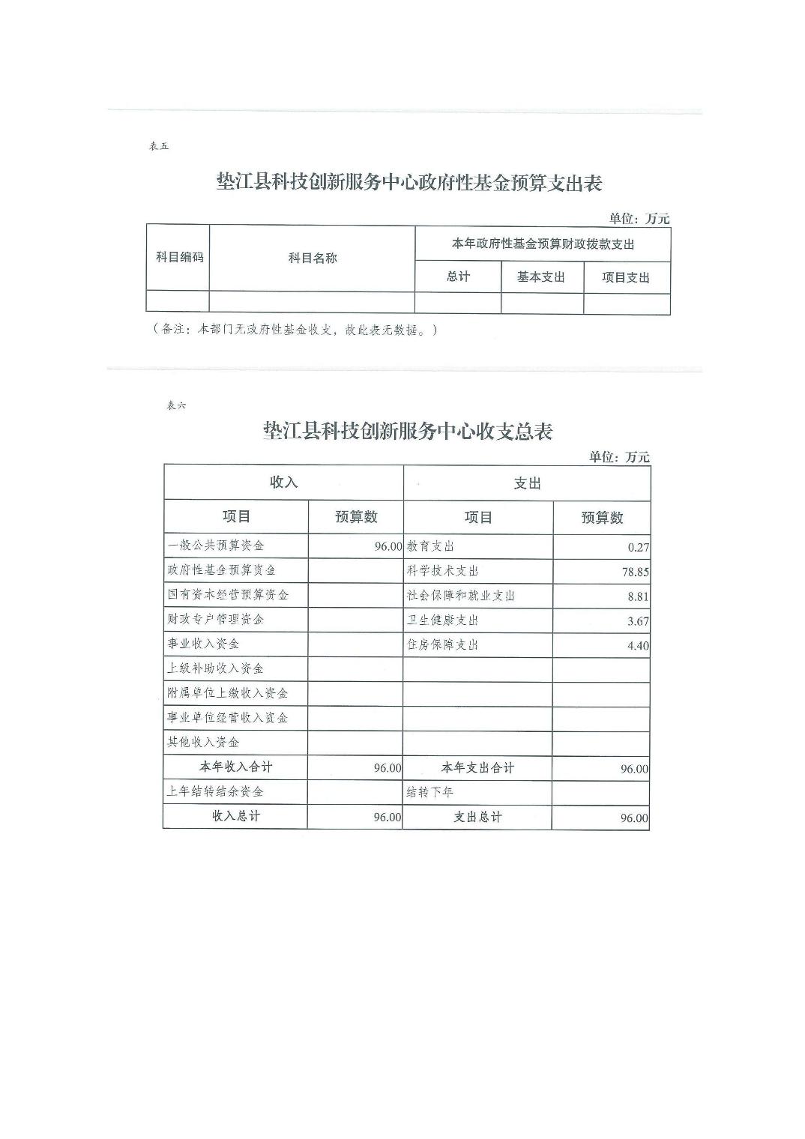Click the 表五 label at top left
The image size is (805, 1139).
pos(159,147)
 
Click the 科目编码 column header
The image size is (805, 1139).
pos(179,257)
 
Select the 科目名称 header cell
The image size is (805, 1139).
pos(313,258)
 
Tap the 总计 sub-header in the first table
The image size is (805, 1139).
pos(458,277)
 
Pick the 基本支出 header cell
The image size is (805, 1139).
pos(540,277)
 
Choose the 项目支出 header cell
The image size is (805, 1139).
pos(626,278)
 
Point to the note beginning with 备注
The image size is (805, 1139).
pos(295,330)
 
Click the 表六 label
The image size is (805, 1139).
pos(175,405)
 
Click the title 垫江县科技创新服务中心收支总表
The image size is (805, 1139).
pos(408,432)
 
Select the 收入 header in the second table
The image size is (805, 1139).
pos(283,483)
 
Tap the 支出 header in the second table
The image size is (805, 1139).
pos(527,483)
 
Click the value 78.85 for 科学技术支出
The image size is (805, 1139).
pos(636,572)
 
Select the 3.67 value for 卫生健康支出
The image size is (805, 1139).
pos(638,621)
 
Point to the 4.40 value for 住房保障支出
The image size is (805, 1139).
pos(638,646)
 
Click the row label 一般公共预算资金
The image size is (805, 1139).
pos(215,546)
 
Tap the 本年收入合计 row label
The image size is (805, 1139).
pos(235,767)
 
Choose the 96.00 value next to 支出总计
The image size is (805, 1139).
pos(634,818)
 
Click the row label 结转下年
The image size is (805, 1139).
pos(429,792)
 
